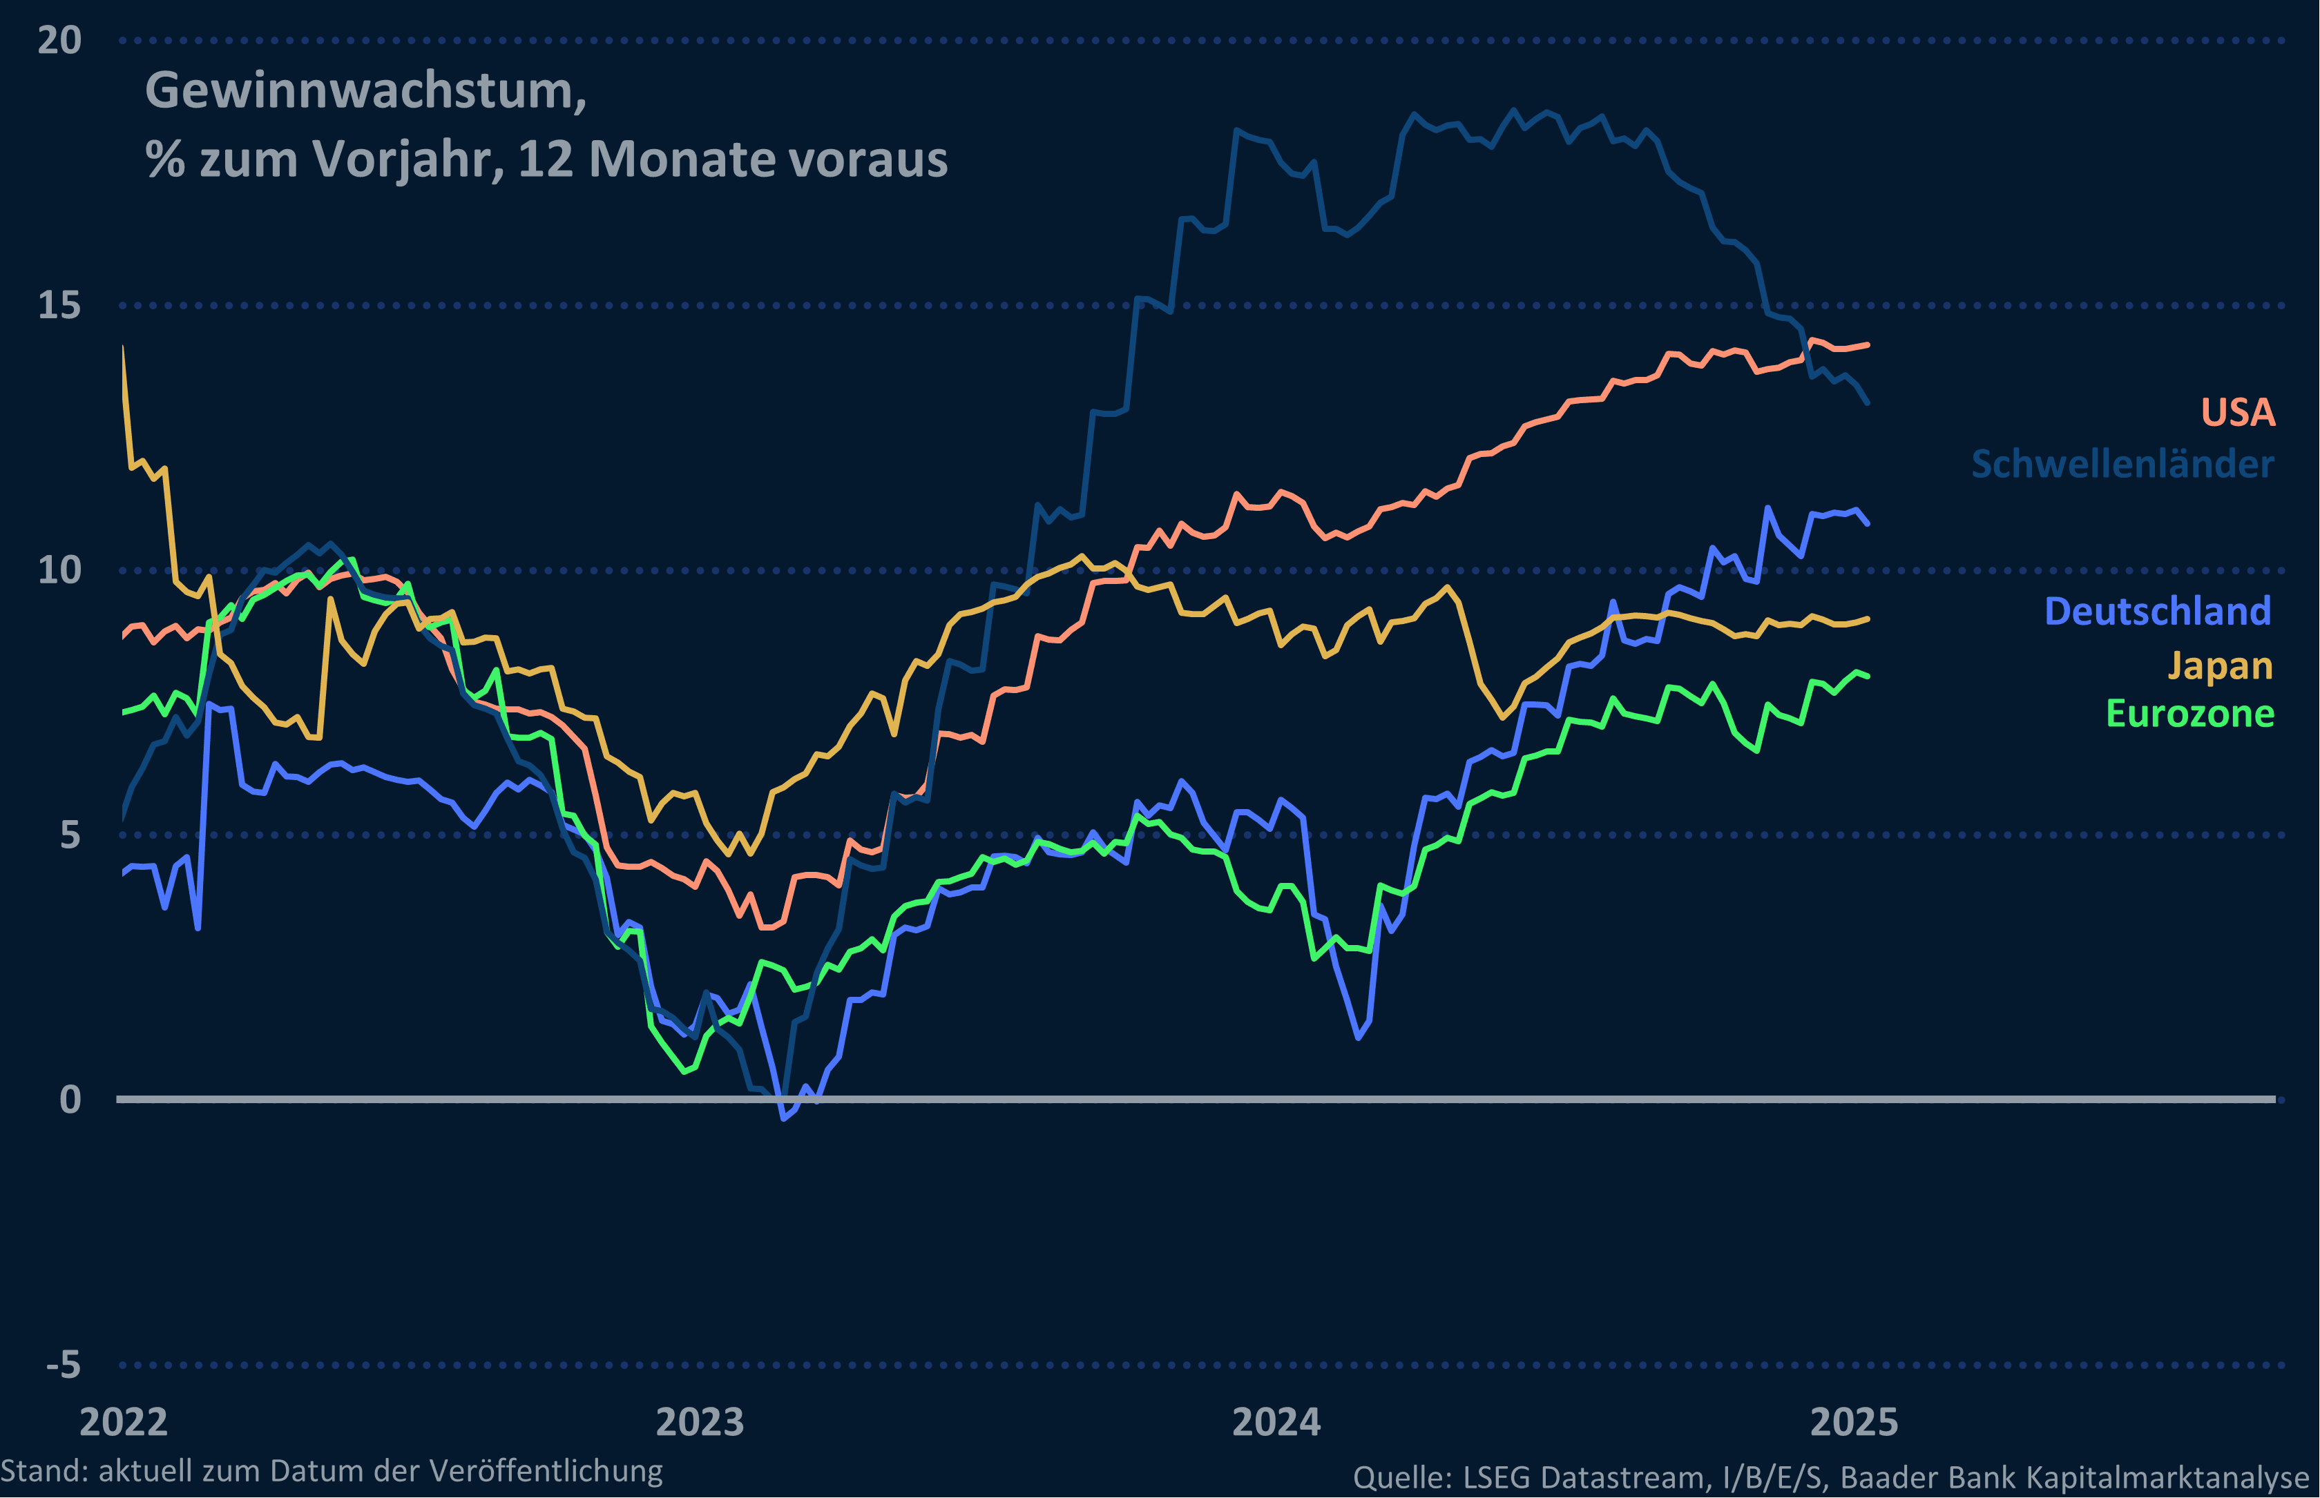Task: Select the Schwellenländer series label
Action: pos(2122,464)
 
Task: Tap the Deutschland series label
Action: pos(2158,611)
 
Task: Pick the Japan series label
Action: pos(2220,665)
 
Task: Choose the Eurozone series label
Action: pos(2189,714)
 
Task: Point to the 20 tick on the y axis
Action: pos(59,40)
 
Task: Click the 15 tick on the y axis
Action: pos(59,305)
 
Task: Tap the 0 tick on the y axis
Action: pos(70,1100)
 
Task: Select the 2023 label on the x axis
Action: pos(700,1422)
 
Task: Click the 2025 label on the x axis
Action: pos(1853,1422)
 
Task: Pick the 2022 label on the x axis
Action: pos(124,1422)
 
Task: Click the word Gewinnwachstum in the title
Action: pos(364,90)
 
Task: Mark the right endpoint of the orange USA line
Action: pos(1866,344)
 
